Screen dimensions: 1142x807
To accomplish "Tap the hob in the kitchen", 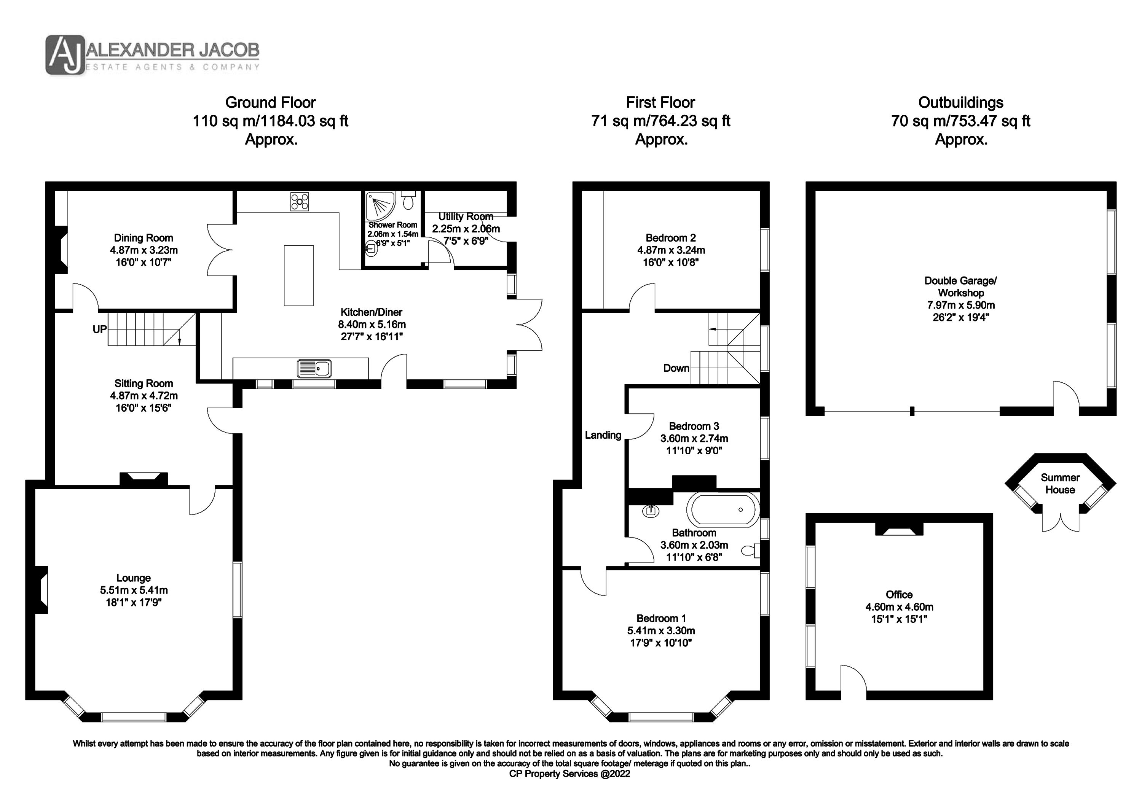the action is [x=300, y=202].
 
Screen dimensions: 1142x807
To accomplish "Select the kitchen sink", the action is [x=314, y=368].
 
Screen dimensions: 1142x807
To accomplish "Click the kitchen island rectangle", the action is [x=299, y=275].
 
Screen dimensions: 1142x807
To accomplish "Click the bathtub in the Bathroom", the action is [x=723, y=510].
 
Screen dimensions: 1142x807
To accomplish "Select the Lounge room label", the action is [x=134, y=578].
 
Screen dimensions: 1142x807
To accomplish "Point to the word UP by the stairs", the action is [x=99, y=329].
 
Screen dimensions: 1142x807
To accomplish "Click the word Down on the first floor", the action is [x=676, y=368].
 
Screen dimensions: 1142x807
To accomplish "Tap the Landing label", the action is [x=603, y=435].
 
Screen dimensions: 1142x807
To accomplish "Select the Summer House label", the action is [x=1060, y=483].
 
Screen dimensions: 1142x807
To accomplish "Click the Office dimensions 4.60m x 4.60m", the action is [x=899, y=607].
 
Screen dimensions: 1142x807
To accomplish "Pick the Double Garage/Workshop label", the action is [x=960, y=287].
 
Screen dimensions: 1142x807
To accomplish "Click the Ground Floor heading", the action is [x=271, y=102].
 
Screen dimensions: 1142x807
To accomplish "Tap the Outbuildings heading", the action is [x=960, y=102].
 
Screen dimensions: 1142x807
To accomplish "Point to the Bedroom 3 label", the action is [x=694, y=426].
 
